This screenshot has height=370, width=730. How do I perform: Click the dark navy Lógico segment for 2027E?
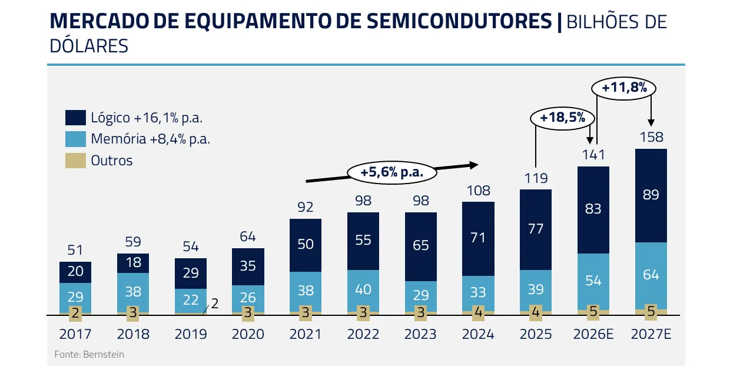tap(651, 195)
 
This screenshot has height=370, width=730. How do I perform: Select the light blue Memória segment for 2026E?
tap(593, 281)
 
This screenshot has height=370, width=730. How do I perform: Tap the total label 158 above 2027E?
tap(651, 137)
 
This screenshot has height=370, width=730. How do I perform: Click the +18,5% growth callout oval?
tap(562, 118)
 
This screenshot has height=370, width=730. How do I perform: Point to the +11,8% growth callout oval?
tap(623, 88)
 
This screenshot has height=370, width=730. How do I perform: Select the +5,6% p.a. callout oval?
tap(392, 172)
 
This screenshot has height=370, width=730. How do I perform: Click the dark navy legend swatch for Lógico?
tap(75, 118)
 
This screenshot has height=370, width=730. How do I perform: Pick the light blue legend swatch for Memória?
tap(75, 139)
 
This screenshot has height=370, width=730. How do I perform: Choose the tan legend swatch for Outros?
tap(75, 161)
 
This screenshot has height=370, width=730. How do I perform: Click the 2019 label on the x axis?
tap(191, 335)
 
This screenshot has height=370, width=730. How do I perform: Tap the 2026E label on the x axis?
tap(593, 335)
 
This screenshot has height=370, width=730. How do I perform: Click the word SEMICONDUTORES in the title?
tap(460, 22)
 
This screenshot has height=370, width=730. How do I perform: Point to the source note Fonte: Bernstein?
tap(89, 355)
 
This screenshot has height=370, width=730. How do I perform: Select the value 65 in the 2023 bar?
tap(421, 245)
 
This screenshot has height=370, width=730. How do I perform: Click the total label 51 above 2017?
tap(75, 251)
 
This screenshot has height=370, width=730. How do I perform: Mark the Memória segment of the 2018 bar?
tap(133, 292)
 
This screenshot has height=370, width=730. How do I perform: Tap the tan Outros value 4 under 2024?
tap(479, 313)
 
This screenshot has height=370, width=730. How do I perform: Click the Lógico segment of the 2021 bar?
tap(306, 245)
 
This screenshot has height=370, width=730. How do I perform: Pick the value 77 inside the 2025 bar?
tap(536, 229)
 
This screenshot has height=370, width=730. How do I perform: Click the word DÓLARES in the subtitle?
tap(89, 46)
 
